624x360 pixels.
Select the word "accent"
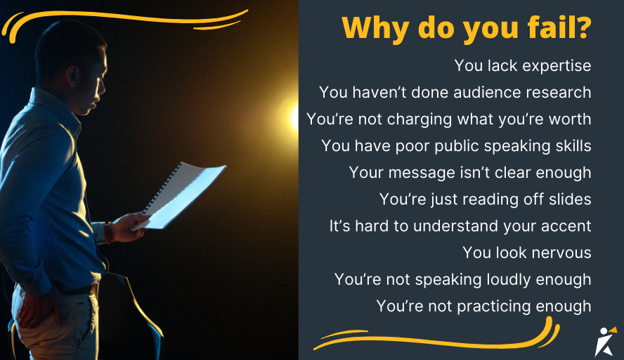565,226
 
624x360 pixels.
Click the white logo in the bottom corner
605,340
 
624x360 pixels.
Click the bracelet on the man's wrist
109,232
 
